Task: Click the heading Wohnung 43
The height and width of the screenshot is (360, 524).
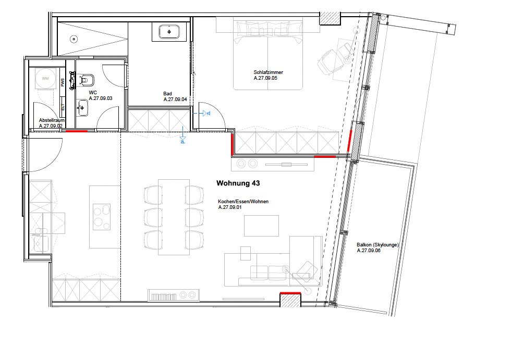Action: point(238,184)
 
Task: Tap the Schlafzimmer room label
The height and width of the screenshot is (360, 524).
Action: point(268,73)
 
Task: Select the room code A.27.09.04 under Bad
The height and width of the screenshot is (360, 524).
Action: point(175,99)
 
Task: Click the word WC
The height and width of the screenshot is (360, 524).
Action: point(93,92)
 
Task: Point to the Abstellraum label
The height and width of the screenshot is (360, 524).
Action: point(52,120)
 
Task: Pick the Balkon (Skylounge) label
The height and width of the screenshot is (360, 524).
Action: point(377,245)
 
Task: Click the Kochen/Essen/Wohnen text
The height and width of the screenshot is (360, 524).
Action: point(243,202)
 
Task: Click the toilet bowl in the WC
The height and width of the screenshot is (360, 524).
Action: point(87,80)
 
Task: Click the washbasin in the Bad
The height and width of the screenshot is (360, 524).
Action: point(169,32)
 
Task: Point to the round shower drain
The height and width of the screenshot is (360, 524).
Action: point(74,39)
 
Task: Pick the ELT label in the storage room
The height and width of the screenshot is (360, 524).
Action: point(63,107)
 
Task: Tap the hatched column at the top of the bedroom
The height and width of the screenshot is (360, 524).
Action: point(329,18)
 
